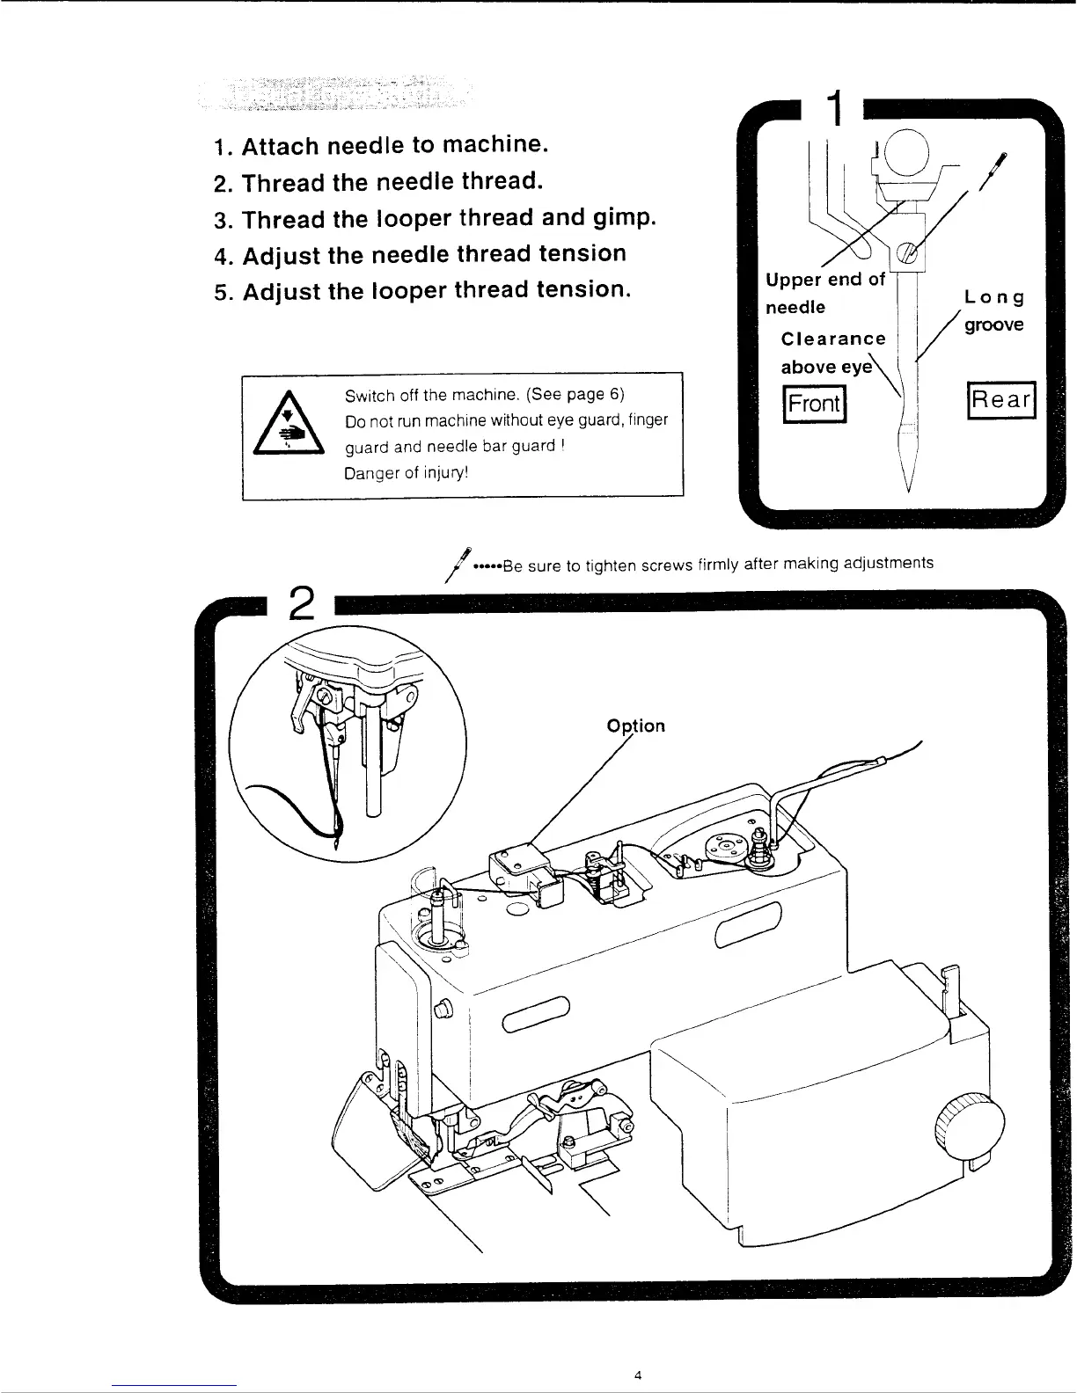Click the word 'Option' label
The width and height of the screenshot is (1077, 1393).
point(635,726)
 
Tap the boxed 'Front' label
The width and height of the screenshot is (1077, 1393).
point(814,405)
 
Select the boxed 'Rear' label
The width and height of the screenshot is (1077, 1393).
point(1001,400)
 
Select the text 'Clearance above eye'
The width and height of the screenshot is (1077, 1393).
point(832,352)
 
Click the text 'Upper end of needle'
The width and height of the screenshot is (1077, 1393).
point(823,293)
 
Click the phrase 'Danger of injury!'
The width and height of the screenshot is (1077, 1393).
point(406,473)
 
